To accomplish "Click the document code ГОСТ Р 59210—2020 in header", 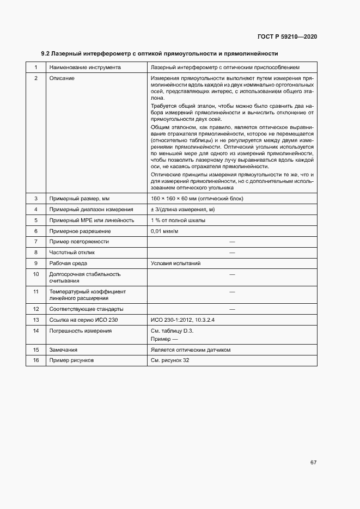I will (287, 36).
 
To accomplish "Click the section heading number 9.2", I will (46, 54).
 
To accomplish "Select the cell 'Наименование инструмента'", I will (85, 68).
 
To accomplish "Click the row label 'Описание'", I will (62, 78).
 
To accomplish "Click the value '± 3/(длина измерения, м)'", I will (183, 209).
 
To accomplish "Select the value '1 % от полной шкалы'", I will (178, 220).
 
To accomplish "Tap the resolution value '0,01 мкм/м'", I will (164, 231).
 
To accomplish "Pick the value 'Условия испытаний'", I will (175, 263).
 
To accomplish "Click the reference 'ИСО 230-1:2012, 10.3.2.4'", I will (182, 320).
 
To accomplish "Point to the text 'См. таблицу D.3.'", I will (172, 330).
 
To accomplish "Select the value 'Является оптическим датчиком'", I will (191, 349).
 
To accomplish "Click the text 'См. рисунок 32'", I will (170, 360).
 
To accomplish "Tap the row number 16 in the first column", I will (36, 360).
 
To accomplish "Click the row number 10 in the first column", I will (36, 274).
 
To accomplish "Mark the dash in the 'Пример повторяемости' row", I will (232, 241).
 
